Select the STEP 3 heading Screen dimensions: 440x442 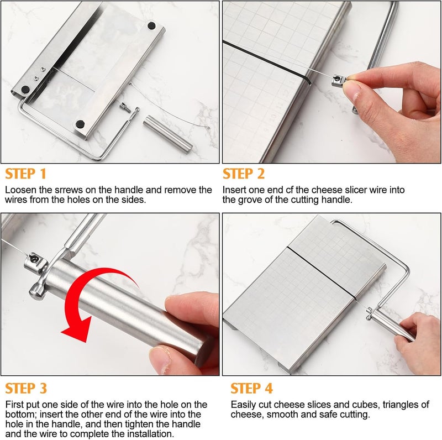point(26,387)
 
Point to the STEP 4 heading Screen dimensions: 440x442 point(251,387)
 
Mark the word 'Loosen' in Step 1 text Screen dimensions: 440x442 point(20,190)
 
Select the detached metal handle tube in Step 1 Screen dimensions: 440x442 point(168,133)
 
